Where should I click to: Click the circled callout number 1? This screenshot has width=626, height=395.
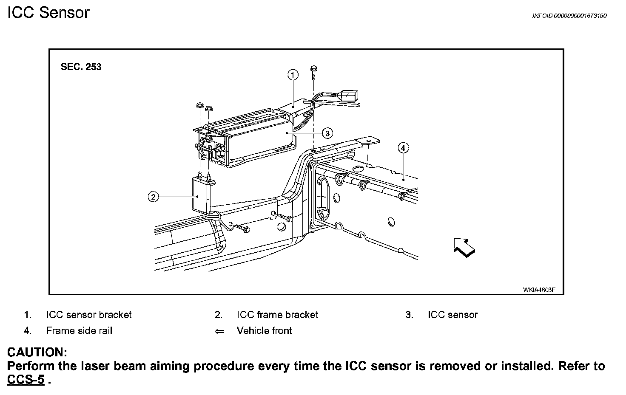pos(293,75)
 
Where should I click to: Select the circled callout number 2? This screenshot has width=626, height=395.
pos(153,197)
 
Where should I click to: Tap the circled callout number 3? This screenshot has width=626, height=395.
pos(327,133)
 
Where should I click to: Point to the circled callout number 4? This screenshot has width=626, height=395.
pos(403,148)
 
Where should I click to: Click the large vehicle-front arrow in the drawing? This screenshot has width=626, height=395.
pos(464,247)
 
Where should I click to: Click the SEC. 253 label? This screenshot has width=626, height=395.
pos(81,67)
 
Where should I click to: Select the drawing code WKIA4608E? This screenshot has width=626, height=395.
pos(539,290)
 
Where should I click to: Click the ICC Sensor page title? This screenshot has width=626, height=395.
pos(48,13)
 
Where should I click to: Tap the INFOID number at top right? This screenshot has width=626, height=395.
pos(569,16)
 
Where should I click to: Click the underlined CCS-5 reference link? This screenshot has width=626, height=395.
pos(26,380)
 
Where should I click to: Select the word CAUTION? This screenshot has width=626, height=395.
pos(37,352)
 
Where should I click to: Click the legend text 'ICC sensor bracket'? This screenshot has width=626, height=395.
pos(88,315)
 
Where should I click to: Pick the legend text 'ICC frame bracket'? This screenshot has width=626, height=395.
pos(277,315)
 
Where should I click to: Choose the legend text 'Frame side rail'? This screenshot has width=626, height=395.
pos(79,330)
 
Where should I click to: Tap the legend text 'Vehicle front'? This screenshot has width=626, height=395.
pos(264,330)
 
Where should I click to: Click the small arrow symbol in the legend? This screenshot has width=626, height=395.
pos(219,331)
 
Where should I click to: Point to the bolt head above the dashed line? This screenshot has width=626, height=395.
pos(313,68)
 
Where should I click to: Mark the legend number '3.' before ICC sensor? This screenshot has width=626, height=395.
pos(409,315)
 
